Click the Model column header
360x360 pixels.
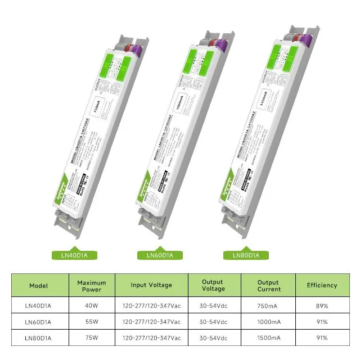pos(38,285)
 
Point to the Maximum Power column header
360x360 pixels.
pos(92,285)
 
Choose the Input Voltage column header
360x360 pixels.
pos(151,285)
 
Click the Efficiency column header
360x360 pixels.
pos(322,285)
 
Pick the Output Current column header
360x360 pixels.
pos(268,285)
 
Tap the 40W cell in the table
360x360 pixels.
pos(92,306)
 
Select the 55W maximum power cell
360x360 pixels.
pos(92,322)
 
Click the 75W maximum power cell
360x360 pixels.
pos(92,337)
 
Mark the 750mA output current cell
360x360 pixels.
pos(268,306)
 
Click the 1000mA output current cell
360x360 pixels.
pos(268,322)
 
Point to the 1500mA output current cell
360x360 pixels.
pos(268,337)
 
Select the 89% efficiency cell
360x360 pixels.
pos(322,306)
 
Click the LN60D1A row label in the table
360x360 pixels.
pos(38,322)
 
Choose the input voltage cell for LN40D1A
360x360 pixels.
pos(151,306)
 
